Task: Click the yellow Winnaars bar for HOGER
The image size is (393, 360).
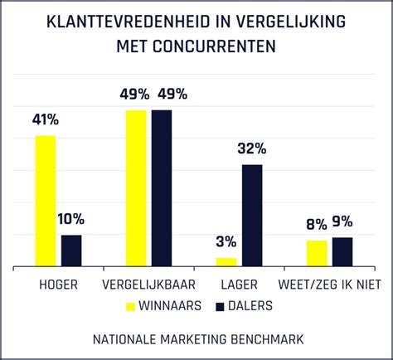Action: coord(46,201)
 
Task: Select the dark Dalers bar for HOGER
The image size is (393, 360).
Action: coord(72,251)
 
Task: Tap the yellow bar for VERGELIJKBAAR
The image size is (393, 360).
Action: coord(136,188)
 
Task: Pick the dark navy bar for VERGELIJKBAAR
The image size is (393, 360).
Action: coord(162,188)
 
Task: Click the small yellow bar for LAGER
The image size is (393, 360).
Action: coord(226,262)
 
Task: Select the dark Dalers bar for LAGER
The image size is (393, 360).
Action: coord(252,216)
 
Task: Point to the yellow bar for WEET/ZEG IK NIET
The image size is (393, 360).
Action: coord(317,253)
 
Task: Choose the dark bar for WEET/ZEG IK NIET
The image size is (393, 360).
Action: coord(342,252)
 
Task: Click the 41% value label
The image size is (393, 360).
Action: coord(46,121)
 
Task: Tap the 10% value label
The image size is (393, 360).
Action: coord(70,220)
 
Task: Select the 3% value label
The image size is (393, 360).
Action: coord(226,242)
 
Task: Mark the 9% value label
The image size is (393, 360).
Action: coord(342,221)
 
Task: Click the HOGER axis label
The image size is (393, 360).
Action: coord(59,285)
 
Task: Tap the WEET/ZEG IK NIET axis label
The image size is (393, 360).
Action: coord(330,285)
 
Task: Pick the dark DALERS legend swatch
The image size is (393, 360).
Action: coord(220,306)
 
